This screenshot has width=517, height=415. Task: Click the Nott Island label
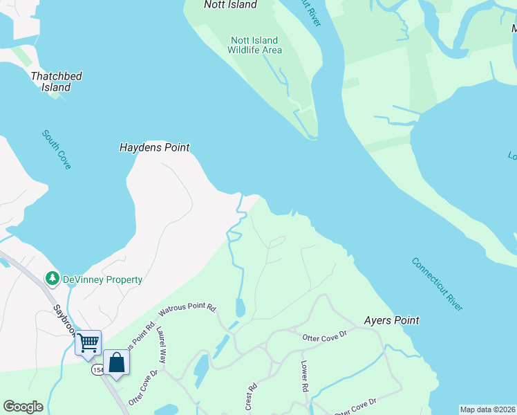click(x=230, y=5)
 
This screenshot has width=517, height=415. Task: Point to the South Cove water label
click(x=56, y=149)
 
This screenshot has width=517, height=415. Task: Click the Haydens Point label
click(x=154, y=147)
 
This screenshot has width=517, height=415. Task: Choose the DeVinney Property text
click(x=102, y=279)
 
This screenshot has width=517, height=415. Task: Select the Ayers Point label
click(x=391, y=320)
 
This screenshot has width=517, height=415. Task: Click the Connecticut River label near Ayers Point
click(x=437, y=284)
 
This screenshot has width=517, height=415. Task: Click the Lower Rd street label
click(x=303, y=376)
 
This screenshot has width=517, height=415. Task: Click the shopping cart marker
click(x=88, y=342)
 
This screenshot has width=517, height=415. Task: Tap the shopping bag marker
click(x=116, y=362)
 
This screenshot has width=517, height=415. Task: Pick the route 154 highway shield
click(x=97, y=370)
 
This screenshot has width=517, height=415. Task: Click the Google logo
click(x=23, y=407)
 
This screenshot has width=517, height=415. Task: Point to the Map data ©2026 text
click(x=487, y=409)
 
